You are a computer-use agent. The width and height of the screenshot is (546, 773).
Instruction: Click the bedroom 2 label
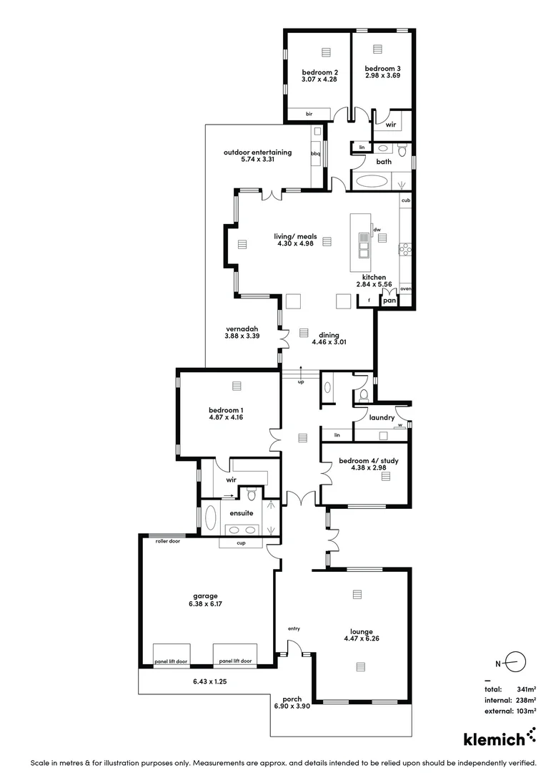[x=319, y=72]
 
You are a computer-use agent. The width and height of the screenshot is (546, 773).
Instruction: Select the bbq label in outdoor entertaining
[x=315, y=153]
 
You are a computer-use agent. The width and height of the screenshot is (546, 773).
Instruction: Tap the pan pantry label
[x=389, y=301]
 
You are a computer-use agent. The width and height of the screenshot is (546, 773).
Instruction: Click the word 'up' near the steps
[x=301, y=381]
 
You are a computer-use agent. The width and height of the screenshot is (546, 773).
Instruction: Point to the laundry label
[x=378, y=417]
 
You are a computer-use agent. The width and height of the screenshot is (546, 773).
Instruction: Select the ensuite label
[x=240, y=513]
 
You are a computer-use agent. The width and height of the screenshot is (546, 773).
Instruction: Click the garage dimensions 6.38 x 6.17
[x=204, y=603]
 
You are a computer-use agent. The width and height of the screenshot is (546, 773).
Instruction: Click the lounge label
[x=362, y=631]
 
